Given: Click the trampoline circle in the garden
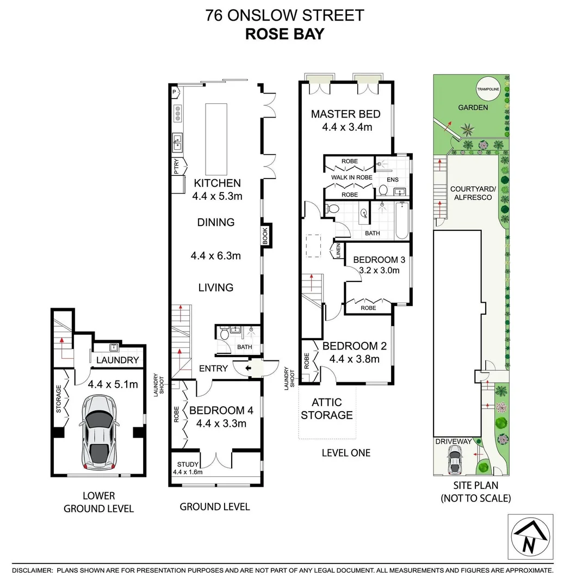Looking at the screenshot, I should (487, 90).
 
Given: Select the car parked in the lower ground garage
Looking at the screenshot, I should (98, 432).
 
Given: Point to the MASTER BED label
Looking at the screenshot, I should (345, 114).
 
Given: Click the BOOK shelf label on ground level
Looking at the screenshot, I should (266, 236).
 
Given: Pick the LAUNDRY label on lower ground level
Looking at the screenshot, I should (117, 360).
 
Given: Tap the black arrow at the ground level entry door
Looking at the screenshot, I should (249, 369).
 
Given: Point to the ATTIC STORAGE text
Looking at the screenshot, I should (327, 408).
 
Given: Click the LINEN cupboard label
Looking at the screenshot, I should (338, 251).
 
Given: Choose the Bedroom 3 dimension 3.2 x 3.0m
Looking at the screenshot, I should (376, 270).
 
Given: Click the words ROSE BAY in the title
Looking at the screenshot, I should (284, 34).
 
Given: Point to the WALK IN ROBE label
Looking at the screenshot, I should (352, 177).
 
